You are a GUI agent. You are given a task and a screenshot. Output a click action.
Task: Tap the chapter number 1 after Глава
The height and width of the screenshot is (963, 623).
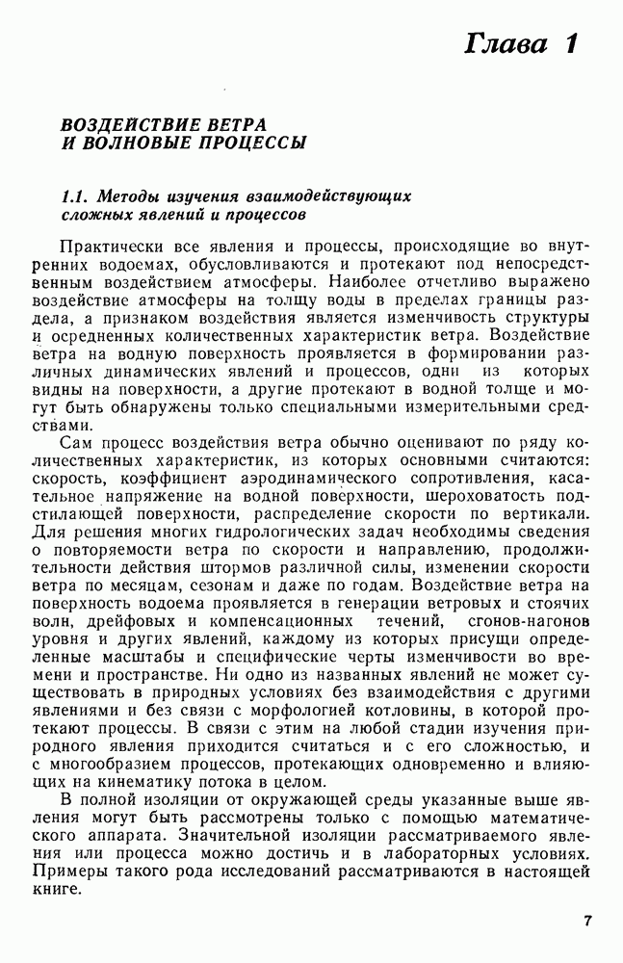tap(572, 44)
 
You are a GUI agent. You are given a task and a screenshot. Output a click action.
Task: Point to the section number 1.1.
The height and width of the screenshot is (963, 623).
tap(76, 195)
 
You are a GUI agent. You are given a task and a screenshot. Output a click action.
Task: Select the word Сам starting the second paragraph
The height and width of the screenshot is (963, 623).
tap(74, 442)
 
